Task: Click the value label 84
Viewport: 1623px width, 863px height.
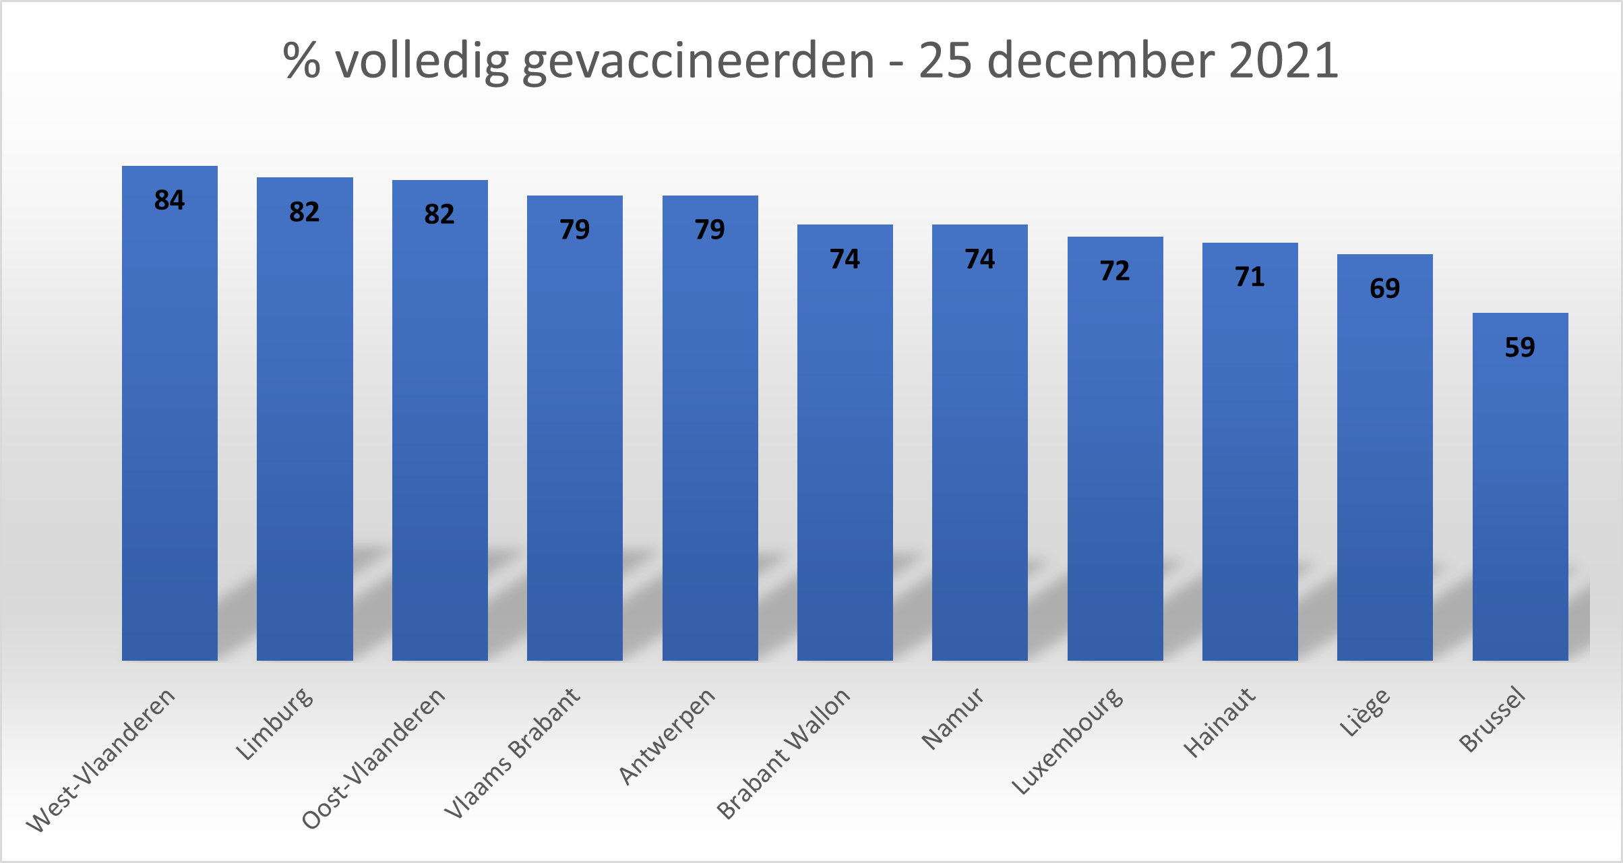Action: click(169, 200)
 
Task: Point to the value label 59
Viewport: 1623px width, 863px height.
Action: click(1520, 347)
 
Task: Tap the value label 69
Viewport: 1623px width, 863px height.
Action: click(1384, 289)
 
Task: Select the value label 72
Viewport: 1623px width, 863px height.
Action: click(1115, 271)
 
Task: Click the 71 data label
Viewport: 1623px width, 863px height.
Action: click(1250, 277)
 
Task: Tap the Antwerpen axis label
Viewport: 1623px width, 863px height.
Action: click(667, 736)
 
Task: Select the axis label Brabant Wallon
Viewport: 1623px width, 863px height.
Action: click(783, 753)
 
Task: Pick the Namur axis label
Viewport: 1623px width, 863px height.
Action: click(952, 719)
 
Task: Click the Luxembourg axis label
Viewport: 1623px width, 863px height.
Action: click(1068, 741)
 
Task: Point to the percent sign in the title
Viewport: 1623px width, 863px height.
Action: click(301, 61)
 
